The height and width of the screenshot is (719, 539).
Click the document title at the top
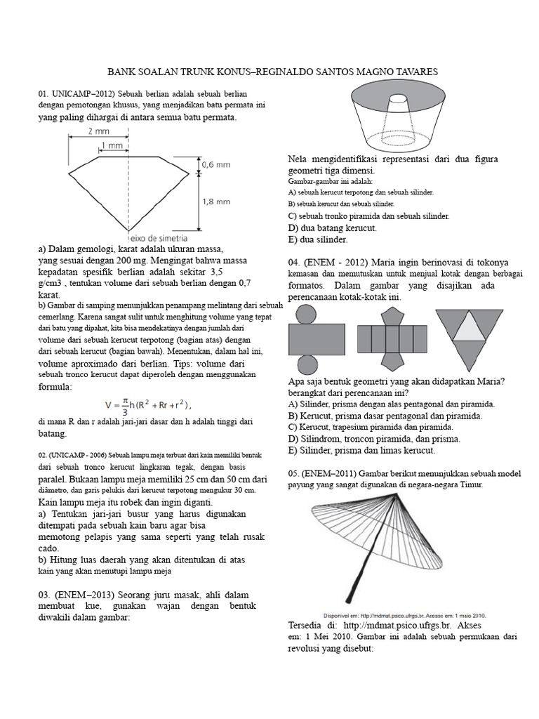click(x=272, y=72)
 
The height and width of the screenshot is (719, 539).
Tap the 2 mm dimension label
click(x=99, y=131)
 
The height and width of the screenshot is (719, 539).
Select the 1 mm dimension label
click(x=112, y=146)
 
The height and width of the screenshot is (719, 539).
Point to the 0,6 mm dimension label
click(x=217, y=164)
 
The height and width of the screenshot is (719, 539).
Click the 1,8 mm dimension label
click(x=217, y=201)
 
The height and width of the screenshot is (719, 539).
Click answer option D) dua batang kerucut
click(x=333, y=228)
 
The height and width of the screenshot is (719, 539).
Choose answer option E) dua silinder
click(x=318, y=240)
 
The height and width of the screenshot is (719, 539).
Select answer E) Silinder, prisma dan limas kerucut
click(x=361, y=450)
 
